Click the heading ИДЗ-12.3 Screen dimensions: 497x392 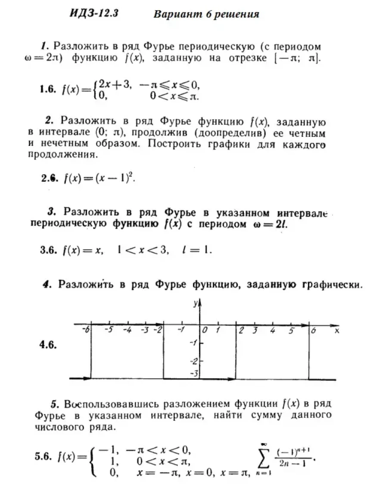93,13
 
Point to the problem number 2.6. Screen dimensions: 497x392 50,178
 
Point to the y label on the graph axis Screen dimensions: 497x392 195,303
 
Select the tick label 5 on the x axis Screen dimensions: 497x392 291,331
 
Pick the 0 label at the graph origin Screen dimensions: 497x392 205,330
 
